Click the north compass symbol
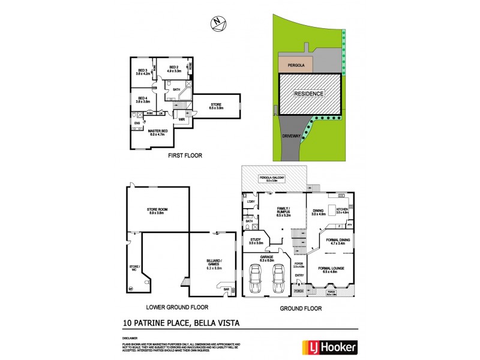point(219,23)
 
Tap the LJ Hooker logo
point(334,347)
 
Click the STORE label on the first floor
point(216,106)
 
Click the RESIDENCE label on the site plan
point(308,94)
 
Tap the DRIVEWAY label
point(292,136)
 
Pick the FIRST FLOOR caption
point(185,155)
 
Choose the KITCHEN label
point(342,211)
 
